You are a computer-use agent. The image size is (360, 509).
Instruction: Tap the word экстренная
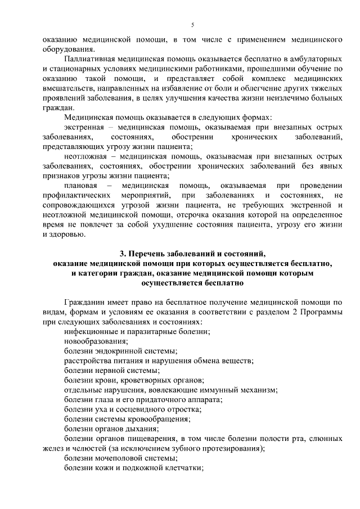click(84, 128)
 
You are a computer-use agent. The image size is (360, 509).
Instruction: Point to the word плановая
click(82, 186)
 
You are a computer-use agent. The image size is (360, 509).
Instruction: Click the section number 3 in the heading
click(129, 254)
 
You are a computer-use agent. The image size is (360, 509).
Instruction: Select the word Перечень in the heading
click(155, 254)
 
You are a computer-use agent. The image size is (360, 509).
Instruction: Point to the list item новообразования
click(96, 341)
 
